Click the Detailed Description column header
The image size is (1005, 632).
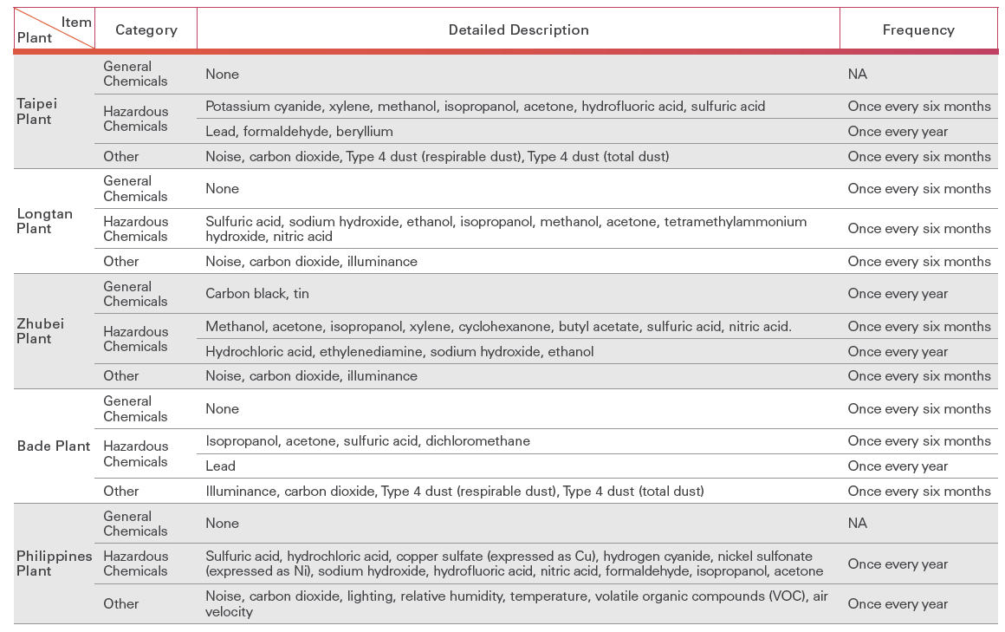point(518,29)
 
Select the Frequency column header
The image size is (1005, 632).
point(918,29)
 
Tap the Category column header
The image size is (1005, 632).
point(146,29)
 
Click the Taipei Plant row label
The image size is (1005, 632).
point(37,111)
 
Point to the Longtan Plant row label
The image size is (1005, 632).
point(45,221)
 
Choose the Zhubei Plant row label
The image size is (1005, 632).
point(40,331)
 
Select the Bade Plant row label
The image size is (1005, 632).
point(54,446)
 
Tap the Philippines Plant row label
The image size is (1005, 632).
point(54,564)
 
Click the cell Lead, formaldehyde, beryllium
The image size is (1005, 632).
point(299,132)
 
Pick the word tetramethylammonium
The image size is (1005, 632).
point(735,222)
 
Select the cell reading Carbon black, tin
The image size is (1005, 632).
point(257,294)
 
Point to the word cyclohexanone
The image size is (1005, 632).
point(511,327)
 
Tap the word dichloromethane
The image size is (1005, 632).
point(477,441)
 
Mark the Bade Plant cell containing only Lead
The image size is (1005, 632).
point(220,466)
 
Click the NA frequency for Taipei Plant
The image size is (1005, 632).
point(857,75)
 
